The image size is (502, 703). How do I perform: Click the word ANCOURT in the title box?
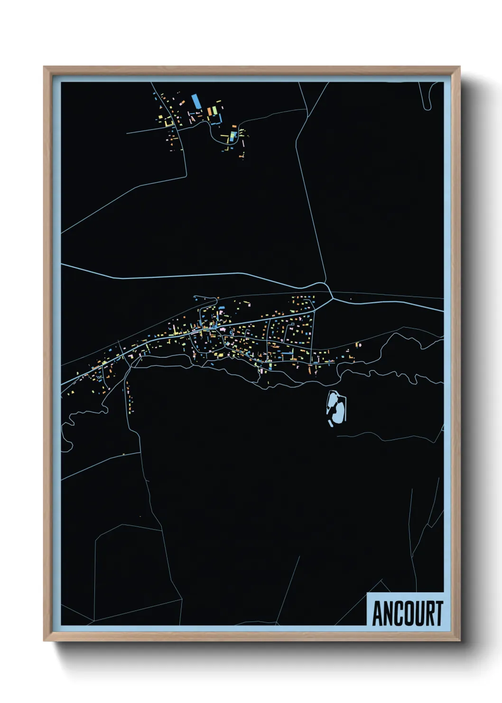tap(407, 613)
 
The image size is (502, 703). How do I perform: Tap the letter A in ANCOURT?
tap(378, 613)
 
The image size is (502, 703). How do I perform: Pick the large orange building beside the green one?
tap(209, 112)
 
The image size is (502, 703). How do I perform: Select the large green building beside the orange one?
tap(214, 110)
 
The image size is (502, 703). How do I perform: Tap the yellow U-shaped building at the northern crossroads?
tap(168, 123)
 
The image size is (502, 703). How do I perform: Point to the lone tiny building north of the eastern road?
tap(351, 299)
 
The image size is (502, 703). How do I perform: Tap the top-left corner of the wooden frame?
tap(44, 67)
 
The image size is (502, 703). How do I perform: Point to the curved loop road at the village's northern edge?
tap(206, 299)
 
